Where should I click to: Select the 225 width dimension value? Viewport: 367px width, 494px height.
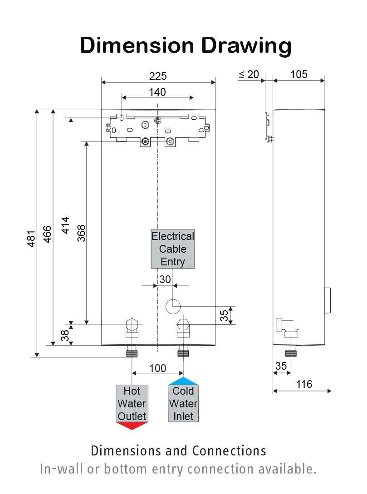click(158, 76)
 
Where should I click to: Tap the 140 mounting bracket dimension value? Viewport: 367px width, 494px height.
click(157, 92)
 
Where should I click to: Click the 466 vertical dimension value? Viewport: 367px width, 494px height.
click(47, 234)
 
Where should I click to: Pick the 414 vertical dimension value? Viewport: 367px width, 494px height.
click(65, 225)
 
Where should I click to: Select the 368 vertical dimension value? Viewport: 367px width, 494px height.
click(81, 233)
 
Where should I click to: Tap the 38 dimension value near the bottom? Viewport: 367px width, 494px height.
click(65, 335)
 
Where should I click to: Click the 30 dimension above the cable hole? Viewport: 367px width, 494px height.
click(165, 279)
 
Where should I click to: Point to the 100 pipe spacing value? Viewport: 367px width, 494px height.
click(157, 368)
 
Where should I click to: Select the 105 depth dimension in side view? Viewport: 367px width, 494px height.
click(298, 74)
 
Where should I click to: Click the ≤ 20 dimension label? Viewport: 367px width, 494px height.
click(249, 74)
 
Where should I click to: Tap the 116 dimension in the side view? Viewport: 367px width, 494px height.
click(304, 384)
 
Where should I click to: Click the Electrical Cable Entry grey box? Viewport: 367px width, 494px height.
click(172, 249)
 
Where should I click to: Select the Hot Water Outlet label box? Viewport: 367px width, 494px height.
click(132, 403)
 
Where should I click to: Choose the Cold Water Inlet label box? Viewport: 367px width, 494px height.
click(183, 403)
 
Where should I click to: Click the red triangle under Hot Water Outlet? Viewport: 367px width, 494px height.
click(132, 426)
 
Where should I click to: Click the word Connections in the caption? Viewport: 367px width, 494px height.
click(229, 451)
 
